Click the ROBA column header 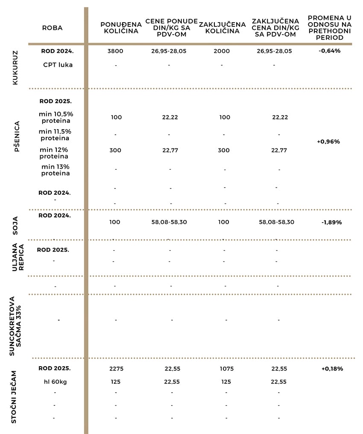pos(52,28)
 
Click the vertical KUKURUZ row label pos(15,68)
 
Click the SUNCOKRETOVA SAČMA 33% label pos(15,326)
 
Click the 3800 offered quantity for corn pos(116,51)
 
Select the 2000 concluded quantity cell pos(222,51)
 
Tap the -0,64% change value pos(329,51)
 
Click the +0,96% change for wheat pos(328,142)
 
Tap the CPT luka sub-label pos(58,65)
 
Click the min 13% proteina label pos(56,170)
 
